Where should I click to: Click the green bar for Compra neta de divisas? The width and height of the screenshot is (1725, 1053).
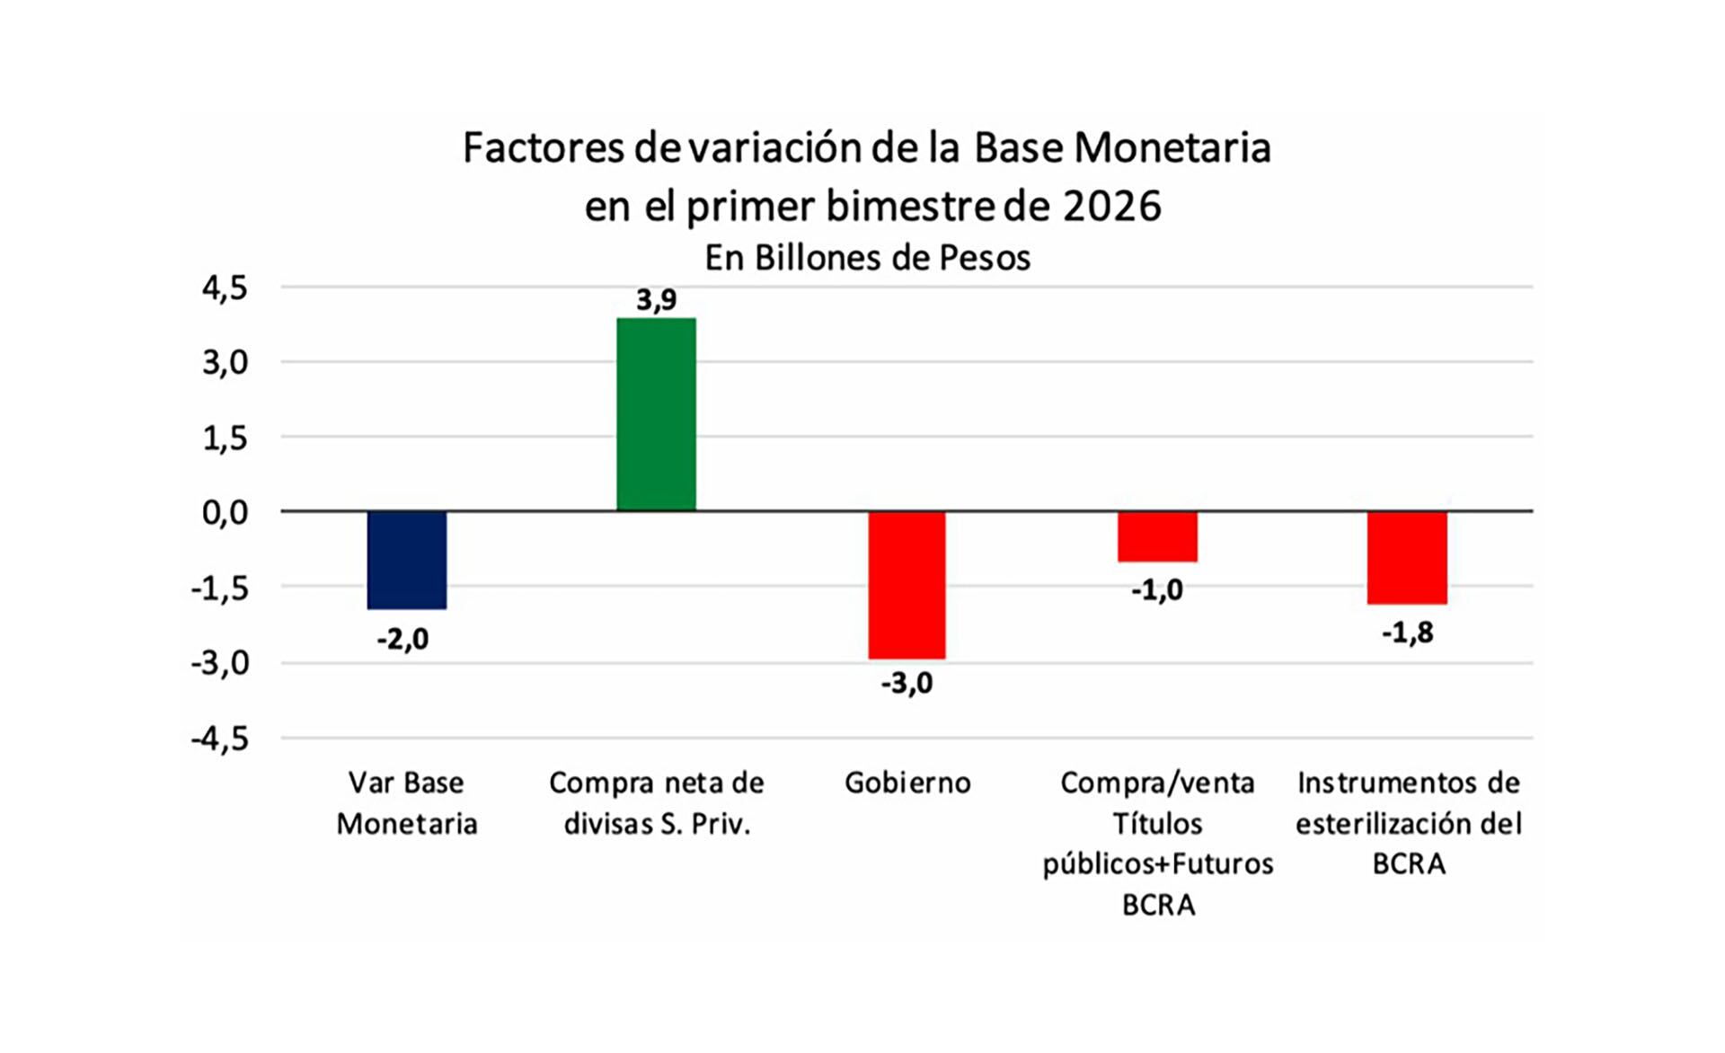(x=656, y=414)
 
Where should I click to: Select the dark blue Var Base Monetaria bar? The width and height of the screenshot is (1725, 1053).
(x=406, y=560)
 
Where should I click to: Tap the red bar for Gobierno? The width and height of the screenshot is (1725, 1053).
(x=907, y=584)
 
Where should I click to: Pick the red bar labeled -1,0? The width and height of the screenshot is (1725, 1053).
(x=1157, y=536)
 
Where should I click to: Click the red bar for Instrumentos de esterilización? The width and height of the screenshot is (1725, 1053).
(x=1407, y=557)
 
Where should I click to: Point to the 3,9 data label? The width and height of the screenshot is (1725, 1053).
(x=656, y=299)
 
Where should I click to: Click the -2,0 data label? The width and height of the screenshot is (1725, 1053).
(x=402, y=639)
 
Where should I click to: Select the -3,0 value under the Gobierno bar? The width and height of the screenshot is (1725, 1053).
(x=907, y=684)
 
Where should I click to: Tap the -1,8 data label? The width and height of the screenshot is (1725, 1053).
(x=1407, y=633)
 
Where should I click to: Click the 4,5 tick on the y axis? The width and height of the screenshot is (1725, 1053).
(x=225, y=288)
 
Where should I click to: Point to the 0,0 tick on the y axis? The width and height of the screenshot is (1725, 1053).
(x=225, y=513)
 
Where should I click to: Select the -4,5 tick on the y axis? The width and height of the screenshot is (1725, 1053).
(x=220, y=739)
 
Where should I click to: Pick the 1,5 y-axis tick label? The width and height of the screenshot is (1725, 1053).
(x=225, y=438)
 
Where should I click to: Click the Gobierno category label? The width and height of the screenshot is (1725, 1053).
(x=907, y=783)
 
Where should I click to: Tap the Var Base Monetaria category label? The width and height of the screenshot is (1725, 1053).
(x=406, y=802)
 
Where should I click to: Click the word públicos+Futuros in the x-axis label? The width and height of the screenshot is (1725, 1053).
(x=1157, y=864)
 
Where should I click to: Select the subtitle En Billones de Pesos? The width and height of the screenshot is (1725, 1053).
(x=867, y=258)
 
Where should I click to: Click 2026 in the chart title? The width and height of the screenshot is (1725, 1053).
(x=1111, y=206)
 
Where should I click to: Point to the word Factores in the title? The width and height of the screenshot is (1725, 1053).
(x=544, y=147)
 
